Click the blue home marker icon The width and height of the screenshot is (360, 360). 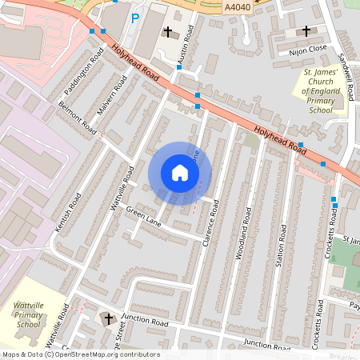tap(180, 173)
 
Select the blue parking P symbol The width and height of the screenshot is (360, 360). tap(134, 17)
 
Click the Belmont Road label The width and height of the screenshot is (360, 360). tap(78, 118)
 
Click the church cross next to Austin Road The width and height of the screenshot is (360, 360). tap(168, 32)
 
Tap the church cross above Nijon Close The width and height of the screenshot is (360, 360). tap(306, 31)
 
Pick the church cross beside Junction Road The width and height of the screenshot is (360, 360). tap(108, 318)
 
